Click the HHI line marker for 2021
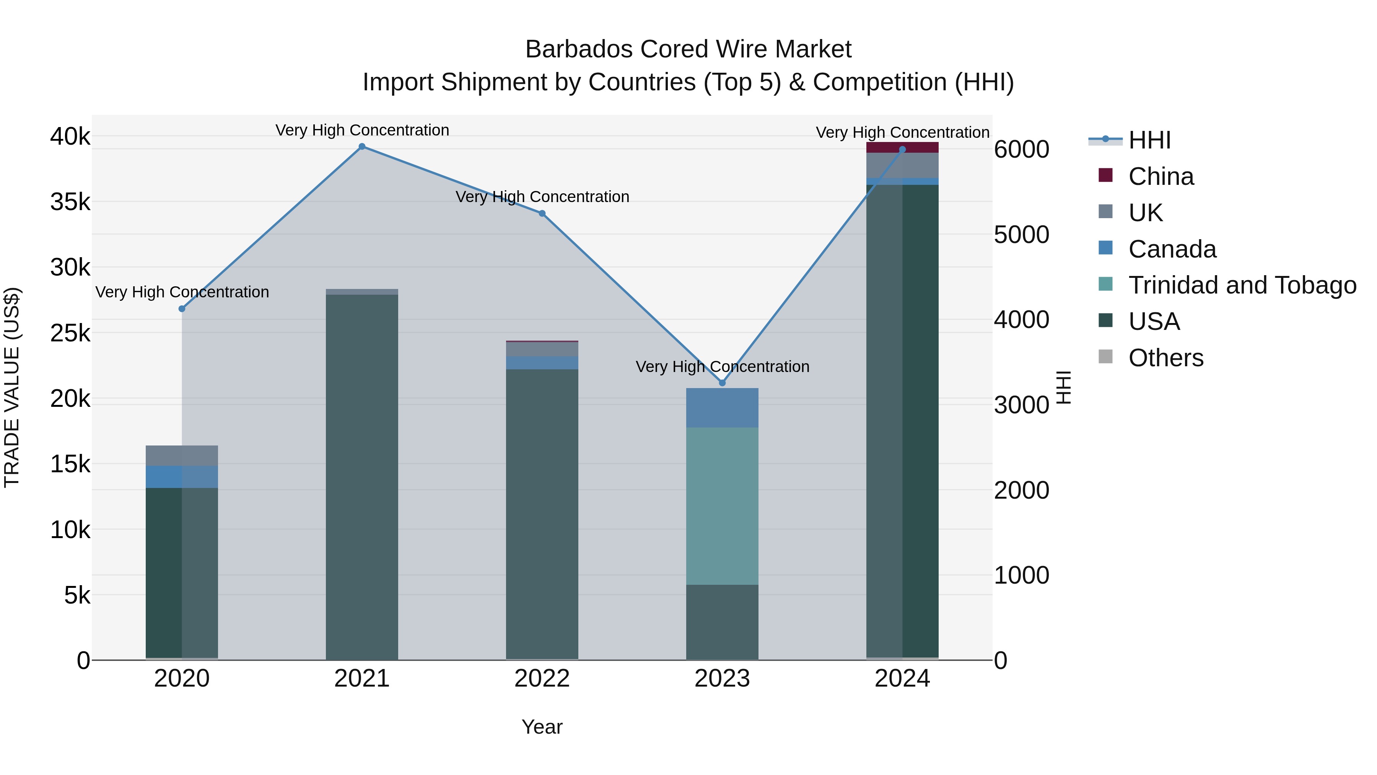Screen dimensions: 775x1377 tap(362, 147)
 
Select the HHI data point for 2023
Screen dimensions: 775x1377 tap(722, 383)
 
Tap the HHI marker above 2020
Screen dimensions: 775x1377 tap(182, 308)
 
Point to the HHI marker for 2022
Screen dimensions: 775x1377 tap(542, 214)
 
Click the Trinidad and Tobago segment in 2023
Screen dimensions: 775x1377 tap(722, 506)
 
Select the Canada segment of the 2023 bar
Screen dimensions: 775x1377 tap(722, 408)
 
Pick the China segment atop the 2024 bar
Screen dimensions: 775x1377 tap(902, 147)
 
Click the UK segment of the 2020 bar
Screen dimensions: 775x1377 tap(182, 456)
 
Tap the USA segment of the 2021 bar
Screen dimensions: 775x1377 tap(362, 476)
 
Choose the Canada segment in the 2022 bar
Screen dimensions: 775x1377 tap(542, 363)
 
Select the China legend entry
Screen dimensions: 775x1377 tap(1161, 176)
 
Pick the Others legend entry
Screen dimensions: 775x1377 tap(1165, 358)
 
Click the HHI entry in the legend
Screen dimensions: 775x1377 tap(1149, 140)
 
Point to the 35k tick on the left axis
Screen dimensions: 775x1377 tap(70, 202)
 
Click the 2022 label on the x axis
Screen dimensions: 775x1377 tap(542, 679)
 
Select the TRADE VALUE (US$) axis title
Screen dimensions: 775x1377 tap(12, 387)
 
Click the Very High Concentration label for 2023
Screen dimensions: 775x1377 tap(722, 367)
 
